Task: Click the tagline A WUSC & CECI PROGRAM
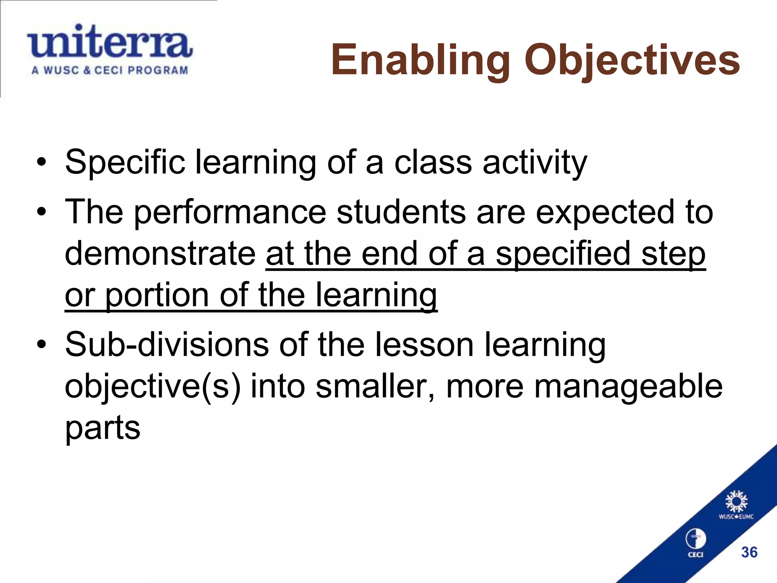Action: [110, 70]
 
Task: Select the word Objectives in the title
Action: [632, 60]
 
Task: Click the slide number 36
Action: [749, 552]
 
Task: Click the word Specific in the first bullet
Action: [125, 163]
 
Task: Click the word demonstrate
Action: [160, 254]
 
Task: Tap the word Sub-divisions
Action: [167, 345]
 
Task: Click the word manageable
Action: [628, 386]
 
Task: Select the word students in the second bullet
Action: [401, 212]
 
